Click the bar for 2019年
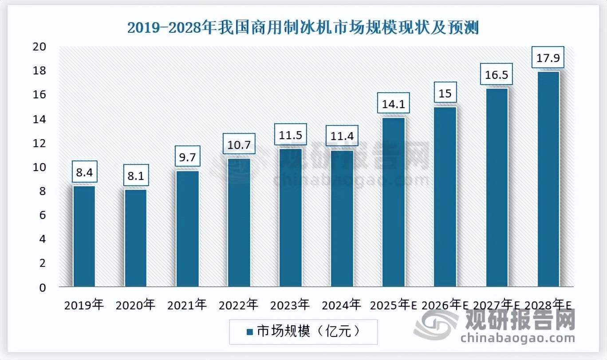coord(84,236)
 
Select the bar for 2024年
coord(342,218)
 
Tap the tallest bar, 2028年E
coord(548,179)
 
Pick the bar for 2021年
coord(187,228)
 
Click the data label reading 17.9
coord(548,58)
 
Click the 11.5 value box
coord(290,135)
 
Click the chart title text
coord(303,27)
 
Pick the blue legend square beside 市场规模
coord(248,331)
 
